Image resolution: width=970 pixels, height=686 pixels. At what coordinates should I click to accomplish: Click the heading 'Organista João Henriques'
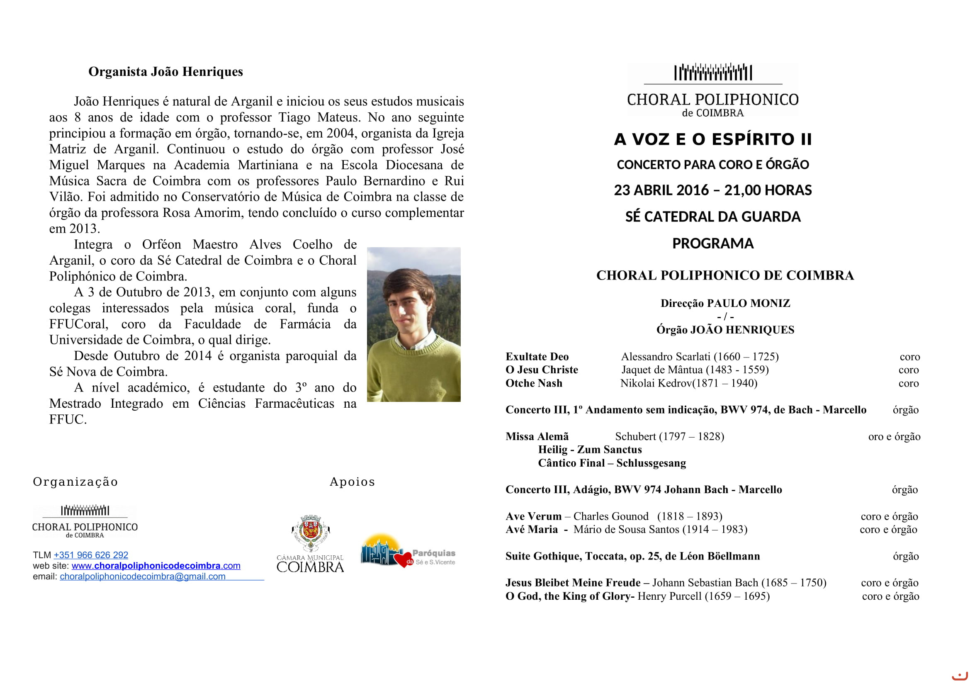pyautogui.click(x=165, y=72)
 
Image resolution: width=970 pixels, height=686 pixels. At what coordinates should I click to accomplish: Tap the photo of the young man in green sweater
pyautogui.click(x=413, y=324)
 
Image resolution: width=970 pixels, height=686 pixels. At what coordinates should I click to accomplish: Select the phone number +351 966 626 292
pyautogui.click(x=91, y=555)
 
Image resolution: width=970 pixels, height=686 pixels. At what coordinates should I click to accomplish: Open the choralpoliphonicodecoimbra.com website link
pyautogui.click(x=156, y=566)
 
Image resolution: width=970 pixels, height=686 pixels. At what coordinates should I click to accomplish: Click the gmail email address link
pyautogui.click(x=142, y=576)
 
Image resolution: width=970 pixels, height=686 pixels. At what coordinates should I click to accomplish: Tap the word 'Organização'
pyautogui.click(x=75, y=482)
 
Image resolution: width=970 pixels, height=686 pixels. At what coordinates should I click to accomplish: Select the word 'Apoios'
pyautogui.click(x=352, y=482)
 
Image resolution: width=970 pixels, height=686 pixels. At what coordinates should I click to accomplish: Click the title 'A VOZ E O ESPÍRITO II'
pyautogui.click(x=713, y=139)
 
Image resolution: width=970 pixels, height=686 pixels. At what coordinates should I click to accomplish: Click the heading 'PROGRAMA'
pyautogui.click(x=713, y=244)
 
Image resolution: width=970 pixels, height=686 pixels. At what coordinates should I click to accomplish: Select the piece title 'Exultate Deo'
pyautogui.click(x=537, y=357)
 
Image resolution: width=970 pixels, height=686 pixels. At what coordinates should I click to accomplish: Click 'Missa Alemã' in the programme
pyautogui.click(x=537, y=437)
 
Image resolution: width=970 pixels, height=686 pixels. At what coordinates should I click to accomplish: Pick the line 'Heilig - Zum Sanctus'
pyautogui.click(x=590, y=450)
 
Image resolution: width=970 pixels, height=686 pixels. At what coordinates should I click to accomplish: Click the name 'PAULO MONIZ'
pyautogui.click(x=748, y=303)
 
